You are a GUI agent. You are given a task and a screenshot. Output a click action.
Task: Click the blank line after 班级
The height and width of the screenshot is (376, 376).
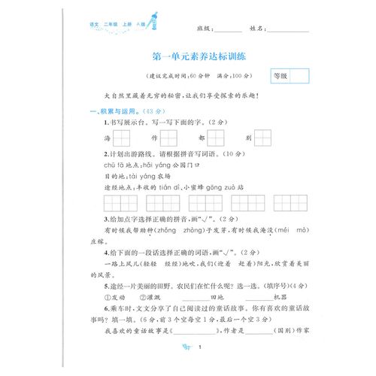pyautogui.click(x=228, y=29)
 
